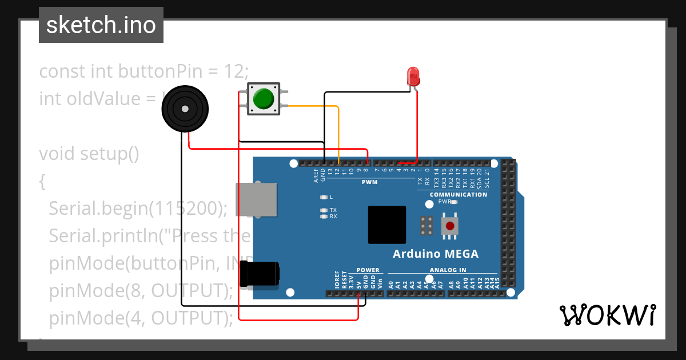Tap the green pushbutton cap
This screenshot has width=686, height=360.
point(264,98)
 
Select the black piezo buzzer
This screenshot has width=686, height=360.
point(184,109)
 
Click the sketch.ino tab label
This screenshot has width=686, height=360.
point(101,25)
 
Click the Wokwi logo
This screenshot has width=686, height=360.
point(607,315)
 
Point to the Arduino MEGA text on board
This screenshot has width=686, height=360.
point(436,254)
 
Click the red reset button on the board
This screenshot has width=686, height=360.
point(450,225)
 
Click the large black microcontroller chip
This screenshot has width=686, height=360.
point(387,225)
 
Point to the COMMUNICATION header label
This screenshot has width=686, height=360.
point(458,194)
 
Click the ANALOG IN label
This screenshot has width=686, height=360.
point(448,270)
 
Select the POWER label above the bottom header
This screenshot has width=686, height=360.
point(368,270)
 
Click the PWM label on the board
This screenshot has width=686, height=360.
point(370,182)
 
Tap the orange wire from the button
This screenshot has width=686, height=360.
point(338,131)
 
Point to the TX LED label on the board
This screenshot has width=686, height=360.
point(333,210)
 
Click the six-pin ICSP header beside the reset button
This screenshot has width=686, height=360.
point(426,226)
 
